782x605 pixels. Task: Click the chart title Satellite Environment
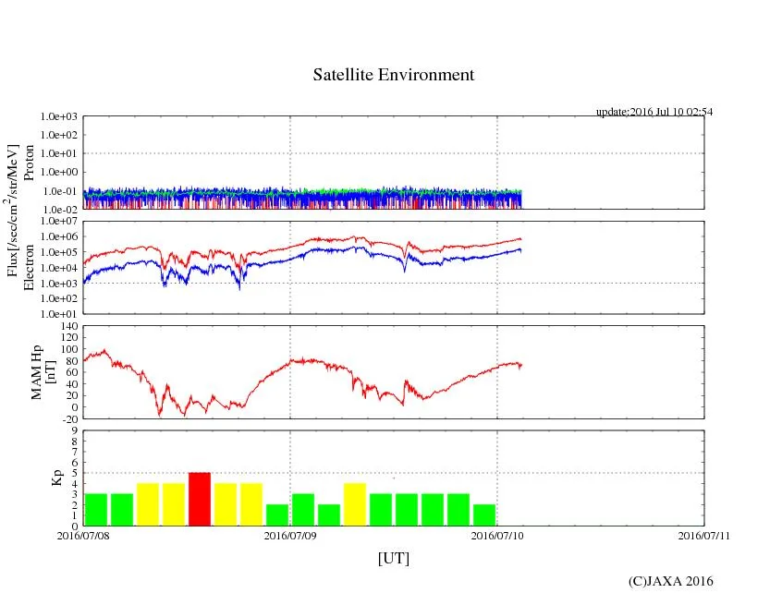[393, 75]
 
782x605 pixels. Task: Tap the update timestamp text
[654, 112]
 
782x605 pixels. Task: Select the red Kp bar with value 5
[200, 499]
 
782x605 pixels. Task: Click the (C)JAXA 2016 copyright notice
[670, 581]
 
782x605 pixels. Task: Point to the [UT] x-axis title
[393, 558]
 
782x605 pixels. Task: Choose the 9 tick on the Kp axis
[74, 430]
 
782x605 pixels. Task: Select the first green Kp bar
[96, 509]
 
